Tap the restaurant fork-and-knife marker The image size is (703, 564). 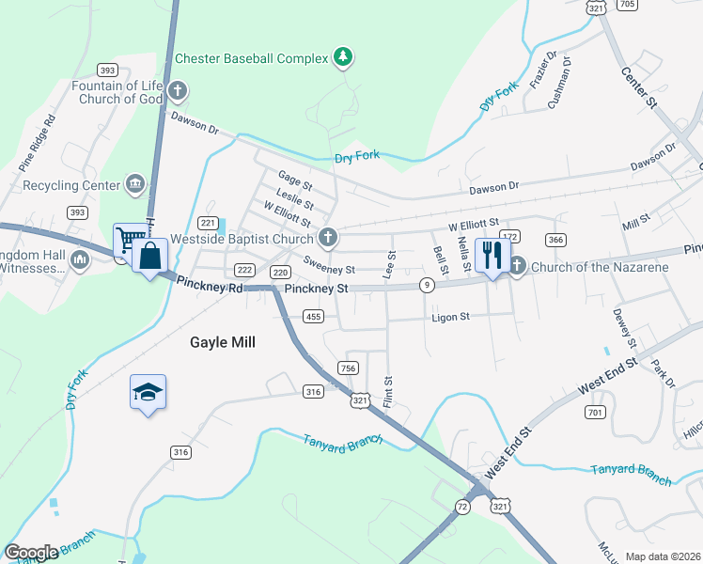[492, 254]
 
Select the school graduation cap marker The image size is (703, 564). [148, 391]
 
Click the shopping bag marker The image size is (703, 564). [149, 255]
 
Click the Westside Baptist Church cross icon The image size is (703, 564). [327, 238]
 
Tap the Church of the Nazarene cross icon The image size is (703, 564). [518, 267]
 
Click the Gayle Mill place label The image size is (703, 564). [224, 343]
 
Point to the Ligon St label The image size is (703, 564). [450, 318]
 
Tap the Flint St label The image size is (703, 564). [387, 392]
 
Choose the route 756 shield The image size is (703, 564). [349, 368]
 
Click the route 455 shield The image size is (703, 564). [314, 318]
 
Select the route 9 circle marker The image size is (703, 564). [428, 285]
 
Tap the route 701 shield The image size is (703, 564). [593, 412]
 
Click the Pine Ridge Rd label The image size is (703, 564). [37, 141]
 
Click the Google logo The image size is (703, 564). [31, 552]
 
